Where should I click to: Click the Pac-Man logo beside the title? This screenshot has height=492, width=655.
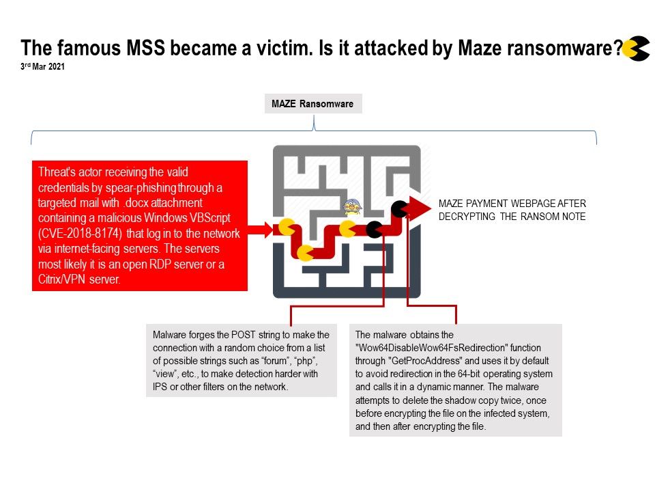pos(636,49)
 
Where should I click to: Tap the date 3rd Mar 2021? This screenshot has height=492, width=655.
pos(42,66)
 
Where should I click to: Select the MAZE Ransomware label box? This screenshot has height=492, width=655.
pos(313,104)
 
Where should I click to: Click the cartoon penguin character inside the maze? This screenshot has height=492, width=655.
pos(352,206)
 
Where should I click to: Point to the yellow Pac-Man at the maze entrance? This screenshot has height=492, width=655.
pos(287,227)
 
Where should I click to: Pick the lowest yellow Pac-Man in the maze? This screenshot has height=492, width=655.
pos(305,253)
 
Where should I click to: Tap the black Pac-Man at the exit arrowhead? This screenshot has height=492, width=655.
pos(399,209)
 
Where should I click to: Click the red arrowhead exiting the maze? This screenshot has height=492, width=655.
pos(419,208)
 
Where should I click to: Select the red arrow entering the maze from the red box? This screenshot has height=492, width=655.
pos(260,230)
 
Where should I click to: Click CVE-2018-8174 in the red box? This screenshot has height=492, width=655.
pos(80,234)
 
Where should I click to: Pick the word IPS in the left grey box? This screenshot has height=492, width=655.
pos(160,387)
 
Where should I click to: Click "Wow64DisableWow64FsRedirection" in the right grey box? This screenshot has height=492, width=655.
pos(448,348)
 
